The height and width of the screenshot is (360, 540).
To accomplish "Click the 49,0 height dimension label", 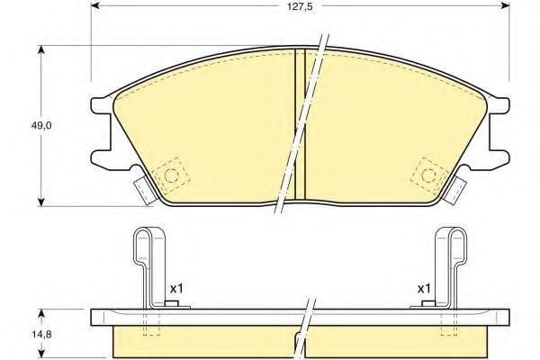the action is (41, 125).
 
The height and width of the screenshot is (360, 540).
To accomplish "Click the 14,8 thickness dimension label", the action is (41, 334).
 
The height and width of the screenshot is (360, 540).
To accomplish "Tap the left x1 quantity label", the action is (176, 289).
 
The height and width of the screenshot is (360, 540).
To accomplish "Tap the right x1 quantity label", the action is (424, 289).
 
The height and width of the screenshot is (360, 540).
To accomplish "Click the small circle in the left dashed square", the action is (171, 175).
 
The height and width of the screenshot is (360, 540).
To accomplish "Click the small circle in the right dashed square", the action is (428, 175).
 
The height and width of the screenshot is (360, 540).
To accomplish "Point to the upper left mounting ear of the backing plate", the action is (100, 105).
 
